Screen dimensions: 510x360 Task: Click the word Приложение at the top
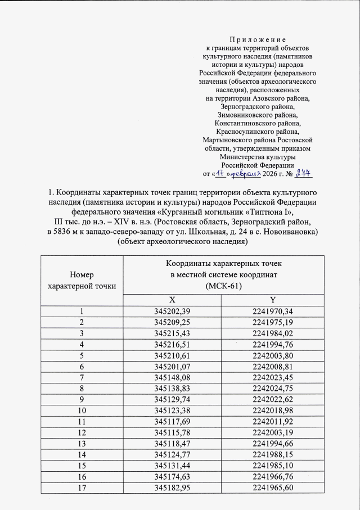[258, 40]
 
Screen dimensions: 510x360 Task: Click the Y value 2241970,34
[272, 312]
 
